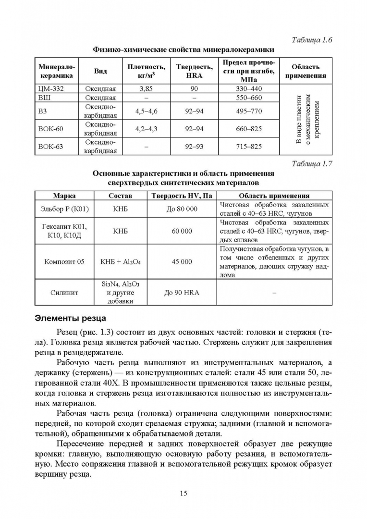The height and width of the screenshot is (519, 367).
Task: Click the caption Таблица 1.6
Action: tap(312, 39)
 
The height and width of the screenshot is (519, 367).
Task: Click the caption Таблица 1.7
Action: tap(312, 163)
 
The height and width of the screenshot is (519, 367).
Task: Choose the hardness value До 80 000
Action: tap(182, 209)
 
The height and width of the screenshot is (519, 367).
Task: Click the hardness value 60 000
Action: tap(182, 231)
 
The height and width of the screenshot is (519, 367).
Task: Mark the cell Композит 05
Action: tap(64, 262)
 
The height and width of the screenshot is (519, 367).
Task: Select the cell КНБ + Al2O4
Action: tap(120, 262)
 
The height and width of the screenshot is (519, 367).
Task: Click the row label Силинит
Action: tap(64, 292)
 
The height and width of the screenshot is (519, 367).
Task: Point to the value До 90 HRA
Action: tap(182, 292)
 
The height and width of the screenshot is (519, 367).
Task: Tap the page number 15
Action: tap(183, 493)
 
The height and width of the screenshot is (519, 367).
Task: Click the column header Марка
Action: tap(64, 196)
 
